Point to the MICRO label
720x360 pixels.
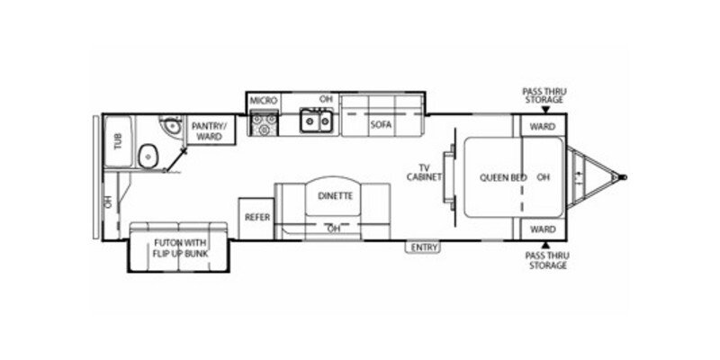pos(263,100)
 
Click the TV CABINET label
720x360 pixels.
pos(428,172)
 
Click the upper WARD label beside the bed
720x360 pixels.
pos(542,126)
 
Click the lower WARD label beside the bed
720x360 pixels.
pos(542,229)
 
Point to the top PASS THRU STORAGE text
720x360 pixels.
pos(544,94)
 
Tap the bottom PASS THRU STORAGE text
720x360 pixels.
pos(545,261)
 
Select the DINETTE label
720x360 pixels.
pos(335,195)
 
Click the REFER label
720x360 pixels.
pos(257,218)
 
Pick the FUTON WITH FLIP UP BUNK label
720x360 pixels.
pos(181,248)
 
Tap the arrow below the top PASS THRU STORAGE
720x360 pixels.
pos(544,109)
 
